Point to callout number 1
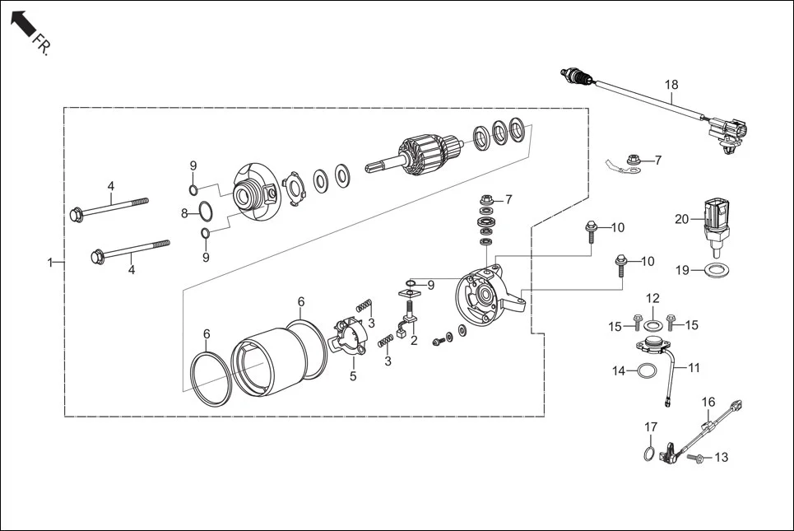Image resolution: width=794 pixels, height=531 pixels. click(50, 263)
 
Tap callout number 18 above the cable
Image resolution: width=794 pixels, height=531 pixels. click(671, 85)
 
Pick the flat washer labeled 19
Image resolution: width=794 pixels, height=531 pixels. click(717, 269)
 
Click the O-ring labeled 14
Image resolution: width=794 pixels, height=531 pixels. click(648, 371)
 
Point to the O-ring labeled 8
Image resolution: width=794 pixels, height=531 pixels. click(211, 214)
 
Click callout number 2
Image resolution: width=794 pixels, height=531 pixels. click(414, 340)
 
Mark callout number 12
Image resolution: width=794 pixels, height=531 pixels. click(652, 298)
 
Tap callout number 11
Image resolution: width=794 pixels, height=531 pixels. click(694, 367)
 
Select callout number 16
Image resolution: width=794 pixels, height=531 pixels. click(708, 402)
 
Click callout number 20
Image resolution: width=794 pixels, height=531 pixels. click(681, 219)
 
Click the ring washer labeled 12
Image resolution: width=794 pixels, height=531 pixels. click(652, 324)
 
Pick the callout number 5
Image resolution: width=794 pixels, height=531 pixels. click(353, 376)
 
